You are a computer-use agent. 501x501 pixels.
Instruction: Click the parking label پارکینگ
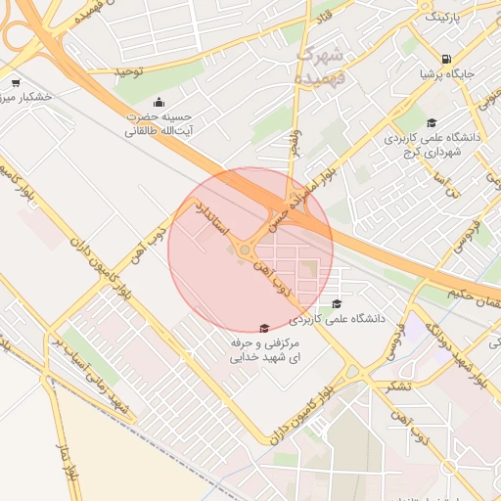[x=441, y=17]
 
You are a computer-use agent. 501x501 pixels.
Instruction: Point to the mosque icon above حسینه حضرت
[x=159, y=103]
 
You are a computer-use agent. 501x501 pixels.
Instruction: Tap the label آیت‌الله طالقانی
[x=156, y=129]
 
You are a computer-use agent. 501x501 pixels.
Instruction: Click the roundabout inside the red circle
[x=244, y=250]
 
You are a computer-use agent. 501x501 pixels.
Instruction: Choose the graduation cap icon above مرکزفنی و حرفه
[x=262, y=329]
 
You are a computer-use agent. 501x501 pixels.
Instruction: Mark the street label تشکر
[x=399, y=384]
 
